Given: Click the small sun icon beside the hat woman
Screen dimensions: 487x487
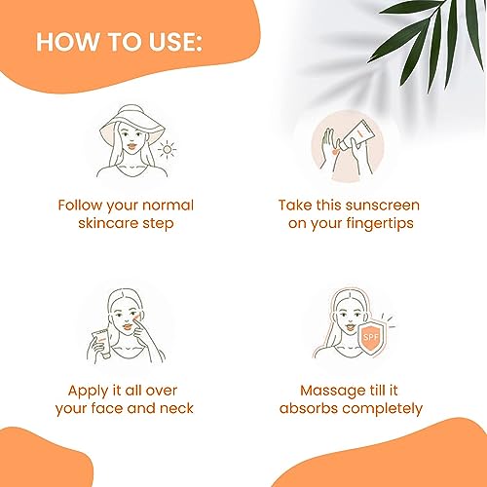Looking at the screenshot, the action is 167,150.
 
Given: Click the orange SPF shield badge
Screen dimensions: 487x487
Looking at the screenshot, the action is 371,338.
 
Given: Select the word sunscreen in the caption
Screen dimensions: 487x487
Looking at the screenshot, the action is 383,206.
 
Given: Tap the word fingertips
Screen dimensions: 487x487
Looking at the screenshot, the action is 380,224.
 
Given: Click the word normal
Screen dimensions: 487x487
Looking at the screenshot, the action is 168,206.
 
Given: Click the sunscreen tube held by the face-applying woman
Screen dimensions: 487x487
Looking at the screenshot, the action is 101,344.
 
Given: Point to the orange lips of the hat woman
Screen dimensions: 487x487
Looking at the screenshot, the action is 131,146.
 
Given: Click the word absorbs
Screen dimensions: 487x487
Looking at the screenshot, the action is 309,408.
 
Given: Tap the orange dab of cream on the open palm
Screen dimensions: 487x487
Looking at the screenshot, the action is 334,151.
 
